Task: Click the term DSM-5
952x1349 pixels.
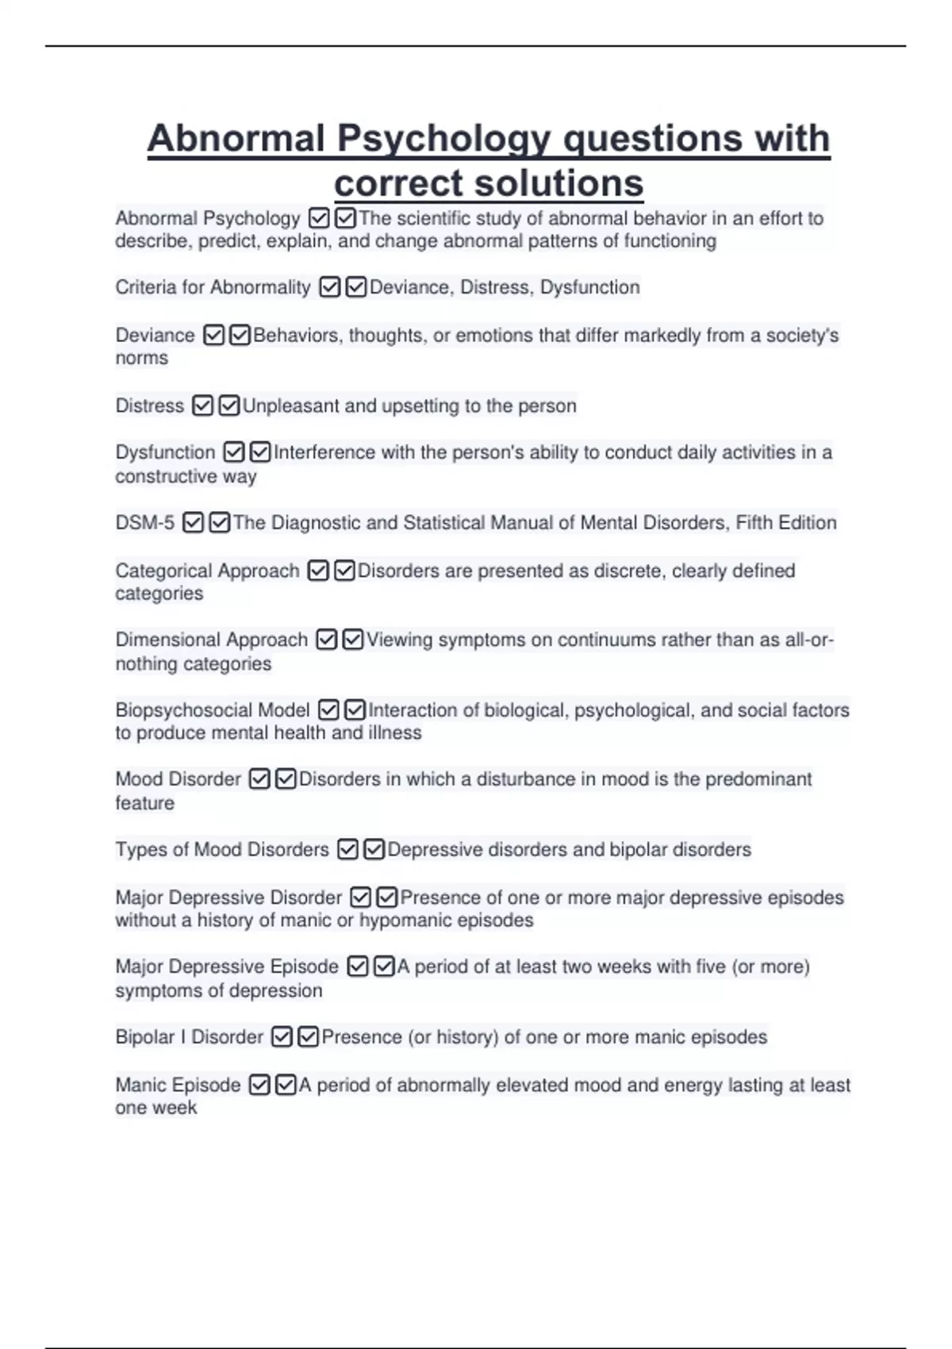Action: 144,523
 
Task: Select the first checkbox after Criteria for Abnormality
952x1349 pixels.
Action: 329,287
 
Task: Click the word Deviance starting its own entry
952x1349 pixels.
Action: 155,336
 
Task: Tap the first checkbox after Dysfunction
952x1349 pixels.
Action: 233,452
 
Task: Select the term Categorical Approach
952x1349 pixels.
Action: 207,571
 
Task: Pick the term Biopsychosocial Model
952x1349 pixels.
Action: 212,710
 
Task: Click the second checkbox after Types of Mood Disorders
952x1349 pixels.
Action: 374,850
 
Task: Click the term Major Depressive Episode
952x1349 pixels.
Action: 226,967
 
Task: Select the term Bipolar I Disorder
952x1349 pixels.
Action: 189,1037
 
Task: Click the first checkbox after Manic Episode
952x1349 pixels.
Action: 259,1085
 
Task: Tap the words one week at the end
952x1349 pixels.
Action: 155,1108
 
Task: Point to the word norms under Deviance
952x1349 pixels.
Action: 141,359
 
